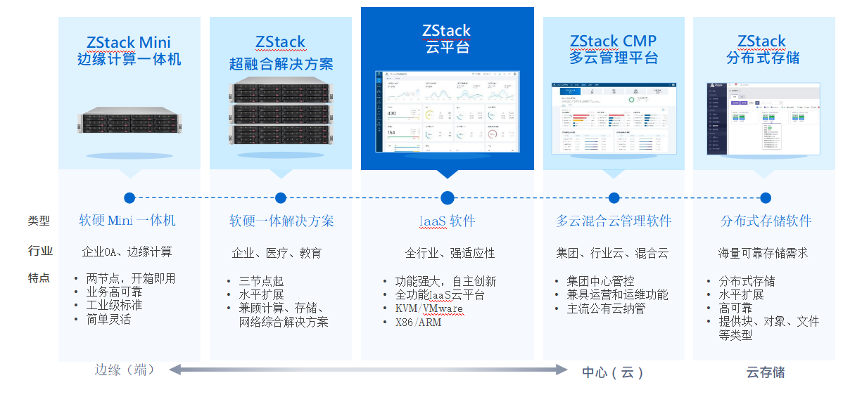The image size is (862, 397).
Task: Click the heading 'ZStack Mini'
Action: click(x=129, y=42)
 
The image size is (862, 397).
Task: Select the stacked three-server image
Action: click(x=281, y=113)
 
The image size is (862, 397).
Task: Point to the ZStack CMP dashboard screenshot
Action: click(x=614, y=118)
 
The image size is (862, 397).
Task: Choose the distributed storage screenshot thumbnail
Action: click(x=763, y=118)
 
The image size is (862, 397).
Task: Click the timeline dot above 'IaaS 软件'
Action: click(x=448, y=198)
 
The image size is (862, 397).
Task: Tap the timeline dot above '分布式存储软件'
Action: click(x=766, y=198)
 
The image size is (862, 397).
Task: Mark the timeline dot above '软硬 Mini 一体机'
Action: click(x=129, y=198)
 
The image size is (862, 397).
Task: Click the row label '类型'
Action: click(x=39, y=221)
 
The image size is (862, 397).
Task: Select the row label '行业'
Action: click(x=39, y=251)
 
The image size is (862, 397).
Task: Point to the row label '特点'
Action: click(x=39, y=278)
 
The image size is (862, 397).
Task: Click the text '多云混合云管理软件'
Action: click(x=614, y=221)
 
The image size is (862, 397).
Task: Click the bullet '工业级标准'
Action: click(x=114, y=306)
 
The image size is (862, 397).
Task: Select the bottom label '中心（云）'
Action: click(x=613, y=372)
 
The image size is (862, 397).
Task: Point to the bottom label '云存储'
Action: click(x=766, y=372)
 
